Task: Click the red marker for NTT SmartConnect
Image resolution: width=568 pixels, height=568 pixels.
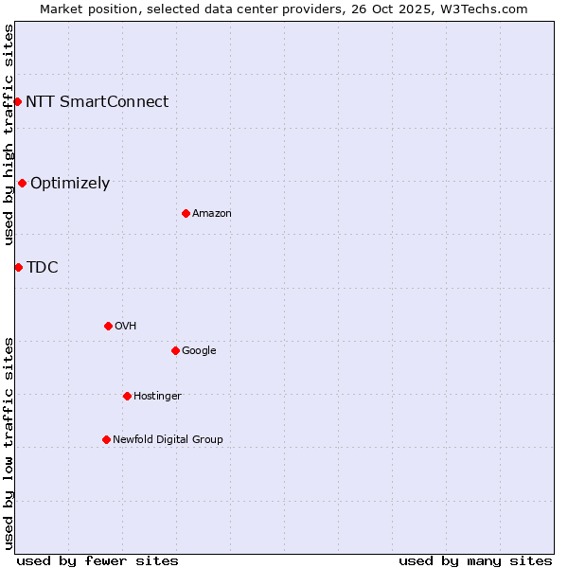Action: click(17, 101)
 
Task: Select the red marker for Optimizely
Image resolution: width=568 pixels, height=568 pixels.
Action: click(22, 183)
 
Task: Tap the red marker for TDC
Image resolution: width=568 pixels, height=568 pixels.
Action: click(18, 267)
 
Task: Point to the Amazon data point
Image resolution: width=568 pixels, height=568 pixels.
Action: click(186, 213)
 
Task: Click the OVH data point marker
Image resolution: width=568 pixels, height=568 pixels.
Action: click(108, 326)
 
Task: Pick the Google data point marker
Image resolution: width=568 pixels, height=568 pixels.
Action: click(175, 350)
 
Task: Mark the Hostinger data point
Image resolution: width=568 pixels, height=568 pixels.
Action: click(127, 396)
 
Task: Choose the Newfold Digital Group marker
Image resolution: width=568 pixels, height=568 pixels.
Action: click(106, 439)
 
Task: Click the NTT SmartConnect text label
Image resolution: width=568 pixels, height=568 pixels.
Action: click(97, 101)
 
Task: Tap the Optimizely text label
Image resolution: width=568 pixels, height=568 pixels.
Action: click(70, 184)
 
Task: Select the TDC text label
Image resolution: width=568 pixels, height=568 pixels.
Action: click(42, 267)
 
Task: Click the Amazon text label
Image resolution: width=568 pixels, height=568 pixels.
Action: click(211, 214)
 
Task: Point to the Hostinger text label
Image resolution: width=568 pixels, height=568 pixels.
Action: click(157, 396)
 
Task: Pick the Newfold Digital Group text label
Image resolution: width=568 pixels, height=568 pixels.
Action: click(168, 439)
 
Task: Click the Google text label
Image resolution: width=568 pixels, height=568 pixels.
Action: click(199, 350)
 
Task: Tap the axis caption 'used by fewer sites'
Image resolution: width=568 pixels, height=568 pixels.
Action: click(98, 560)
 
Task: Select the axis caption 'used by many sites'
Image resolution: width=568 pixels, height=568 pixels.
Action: click(475, 560)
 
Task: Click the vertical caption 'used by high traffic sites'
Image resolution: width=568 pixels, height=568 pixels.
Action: click(9, 134)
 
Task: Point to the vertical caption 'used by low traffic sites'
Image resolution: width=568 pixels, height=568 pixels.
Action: click(9, 442)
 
